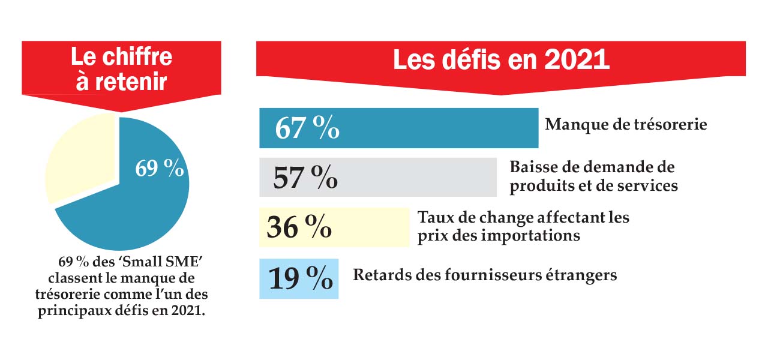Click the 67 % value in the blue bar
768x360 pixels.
307,128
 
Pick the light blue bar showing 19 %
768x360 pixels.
299,278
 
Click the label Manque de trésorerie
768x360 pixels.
626,125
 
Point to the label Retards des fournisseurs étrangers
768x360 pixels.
485,275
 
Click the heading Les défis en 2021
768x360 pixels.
501,60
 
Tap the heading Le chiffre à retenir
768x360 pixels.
121,69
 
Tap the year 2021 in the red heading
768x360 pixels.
577,60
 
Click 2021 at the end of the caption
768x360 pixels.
196,312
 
